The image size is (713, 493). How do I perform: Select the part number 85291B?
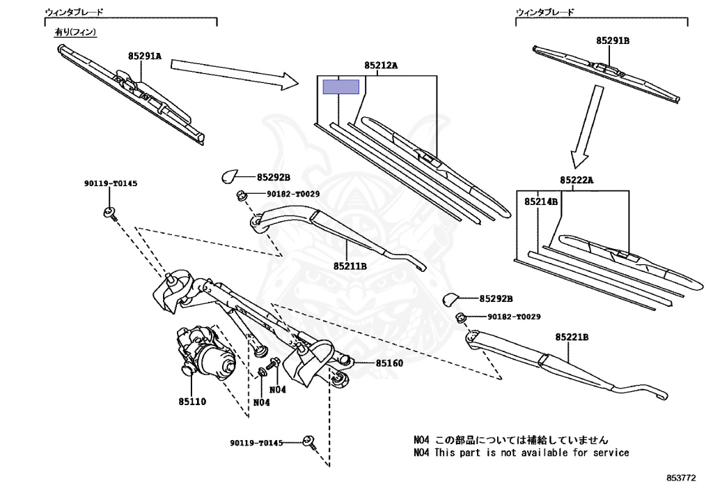tap(612, 41)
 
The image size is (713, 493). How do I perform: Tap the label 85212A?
tap(380, 66)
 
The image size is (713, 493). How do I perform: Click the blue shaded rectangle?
tap(340, 87)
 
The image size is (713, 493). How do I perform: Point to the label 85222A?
tap(577, 181)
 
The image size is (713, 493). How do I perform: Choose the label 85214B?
tap(541, 202)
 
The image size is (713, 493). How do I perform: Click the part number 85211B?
tap(350, 266)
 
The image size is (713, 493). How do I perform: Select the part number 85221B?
tap(572, 337)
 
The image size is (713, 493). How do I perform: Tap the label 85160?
tap(389, 363)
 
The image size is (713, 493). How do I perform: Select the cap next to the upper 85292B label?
tap(231, 176)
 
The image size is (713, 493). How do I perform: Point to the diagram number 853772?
tap(680, 478)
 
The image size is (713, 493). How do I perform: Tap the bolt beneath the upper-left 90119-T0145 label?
tap(109, 212)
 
